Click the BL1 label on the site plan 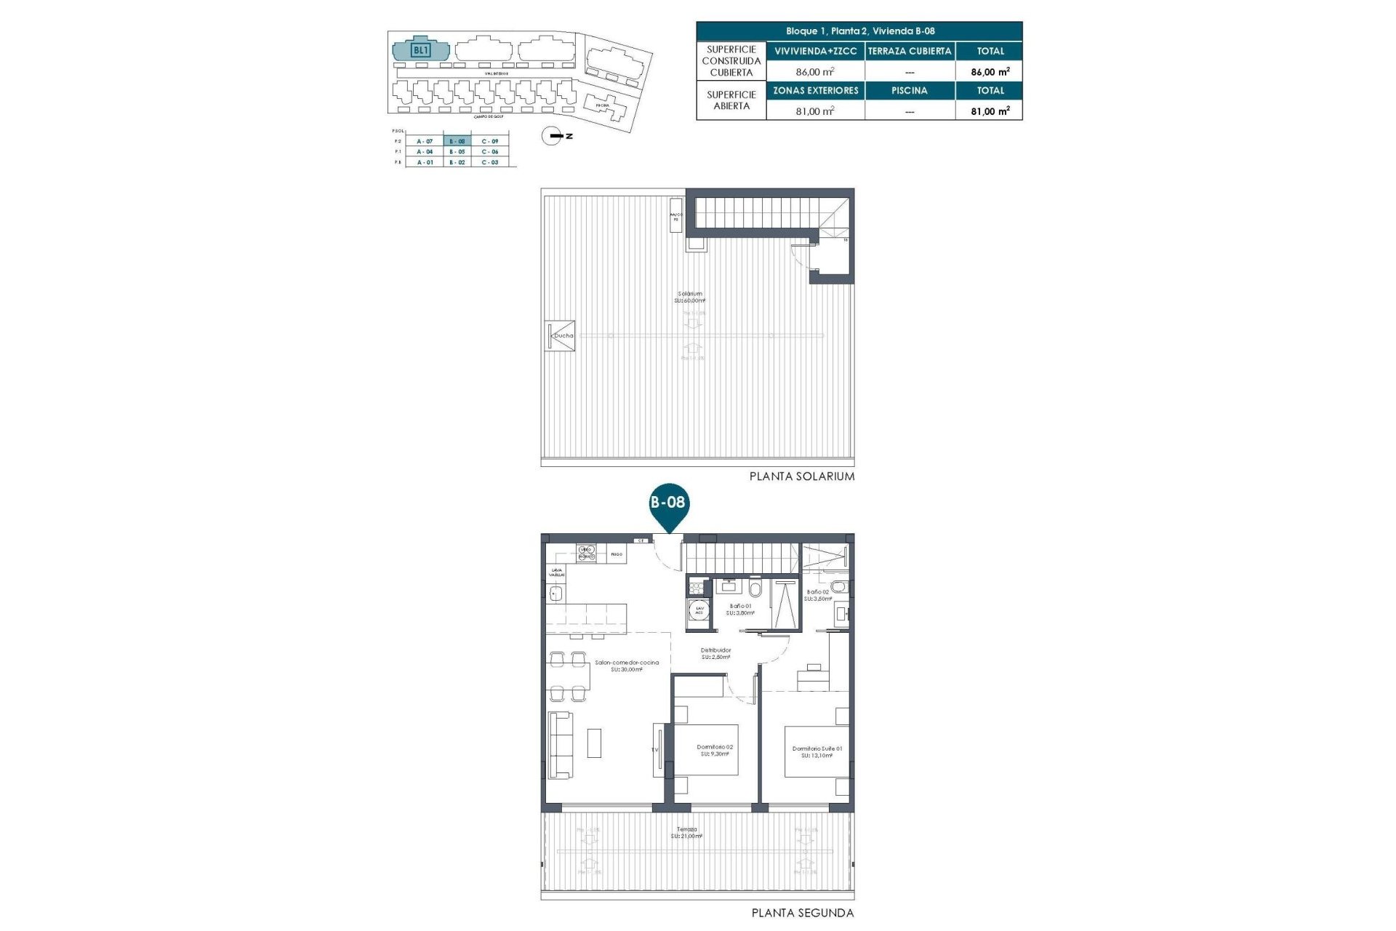[420, 50]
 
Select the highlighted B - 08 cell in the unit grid [457, 141]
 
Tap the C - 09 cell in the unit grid [490, 141]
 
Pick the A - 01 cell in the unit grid [425, 162]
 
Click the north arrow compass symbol [553, 136]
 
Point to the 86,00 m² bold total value [990, 72]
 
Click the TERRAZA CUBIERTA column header [909, 51]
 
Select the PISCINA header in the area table [909, 91]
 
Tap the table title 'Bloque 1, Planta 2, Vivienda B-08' [859, 31]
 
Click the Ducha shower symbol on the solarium [562, 336]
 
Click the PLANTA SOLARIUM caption [802, 476]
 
